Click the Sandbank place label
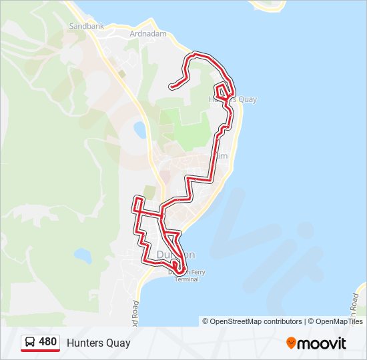[x=85, y=27]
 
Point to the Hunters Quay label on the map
[x=233, y=99]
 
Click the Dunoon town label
[x=175, y=255]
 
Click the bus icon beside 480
[x=30, y=343]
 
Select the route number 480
[x=47, y=342]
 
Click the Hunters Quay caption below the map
[x=98, y=343]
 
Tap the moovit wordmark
[x=322, y=343]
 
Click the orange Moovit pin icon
[x=291, y=343]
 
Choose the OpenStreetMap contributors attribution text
[x=256, y=321]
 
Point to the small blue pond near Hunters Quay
[x=140, y=129]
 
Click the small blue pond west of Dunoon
[x=83, y=255]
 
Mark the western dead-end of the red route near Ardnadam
[x=171, y=86]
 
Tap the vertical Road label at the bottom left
[x=135, y=312]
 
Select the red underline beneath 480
[x=40, y=351]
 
